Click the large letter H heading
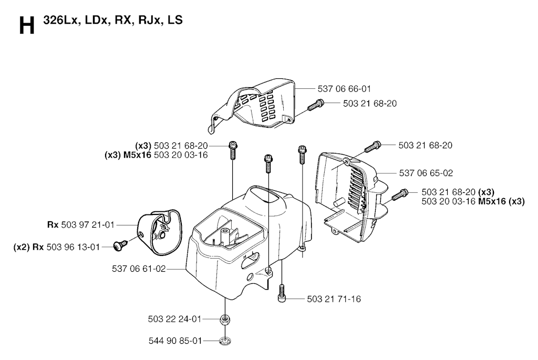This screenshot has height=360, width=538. click(x=27, y=26)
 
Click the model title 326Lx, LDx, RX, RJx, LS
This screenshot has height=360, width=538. click(x=113, y=20)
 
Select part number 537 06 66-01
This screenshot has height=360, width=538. click(x=344, y=89)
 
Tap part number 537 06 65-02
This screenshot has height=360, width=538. click(x=426, y=173)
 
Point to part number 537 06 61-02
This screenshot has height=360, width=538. click(x=139, y=269)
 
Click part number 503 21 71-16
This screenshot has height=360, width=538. click(x=334, y=299)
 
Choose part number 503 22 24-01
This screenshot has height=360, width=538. click(x=174, y=319)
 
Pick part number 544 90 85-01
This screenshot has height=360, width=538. click(x=175, y=341)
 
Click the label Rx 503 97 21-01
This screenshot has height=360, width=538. click(x=80, y=225)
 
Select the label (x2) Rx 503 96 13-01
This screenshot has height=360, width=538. click(x=57, y=247)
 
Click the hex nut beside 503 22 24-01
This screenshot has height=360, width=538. click(x=225, y=320)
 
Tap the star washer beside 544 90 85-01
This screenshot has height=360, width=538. click(x=225, y=341)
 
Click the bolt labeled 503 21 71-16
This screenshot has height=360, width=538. click(x=282, y=293)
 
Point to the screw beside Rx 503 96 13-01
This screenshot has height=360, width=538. click(x=120, y=245)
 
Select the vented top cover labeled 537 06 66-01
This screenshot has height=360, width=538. click(x=252, y=106)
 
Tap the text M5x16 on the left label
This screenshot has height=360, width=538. click(x=137, y=155)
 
